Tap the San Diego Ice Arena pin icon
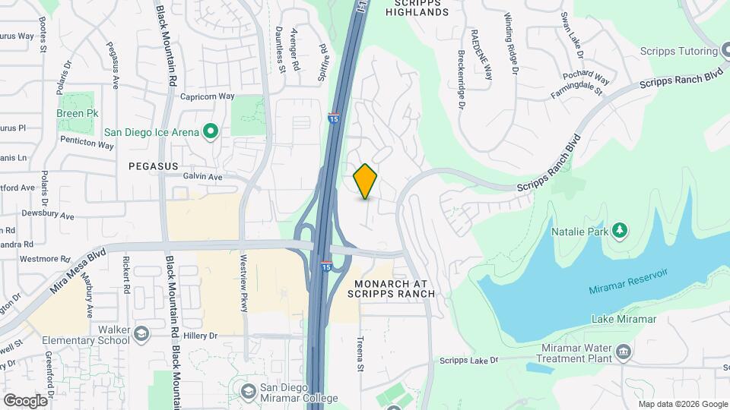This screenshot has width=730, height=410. [x=211, y=132]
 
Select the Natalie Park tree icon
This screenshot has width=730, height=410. [x=620, y=229]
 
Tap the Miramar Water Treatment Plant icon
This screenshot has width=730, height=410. [x=624, y=351]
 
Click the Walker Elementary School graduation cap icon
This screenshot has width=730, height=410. [x=141, y=334]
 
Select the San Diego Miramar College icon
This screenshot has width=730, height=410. [x=248, y=390]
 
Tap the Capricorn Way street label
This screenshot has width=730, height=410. [x=207, y=96]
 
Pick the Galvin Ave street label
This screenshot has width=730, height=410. [x=202, y=177]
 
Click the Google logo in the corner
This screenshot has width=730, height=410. [x=25, y=400]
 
